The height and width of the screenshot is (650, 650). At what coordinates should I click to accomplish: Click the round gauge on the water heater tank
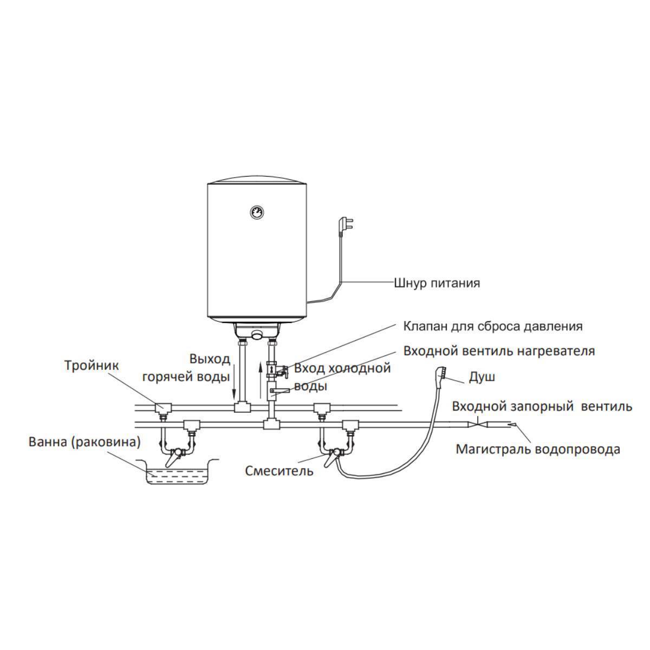(x=255, y=212)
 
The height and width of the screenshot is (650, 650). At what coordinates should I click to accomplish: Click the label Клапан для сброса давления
(x=493, y=327)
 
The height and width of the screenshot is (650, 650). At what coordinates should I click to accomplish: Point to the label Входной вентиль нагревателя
(x=499, y=351)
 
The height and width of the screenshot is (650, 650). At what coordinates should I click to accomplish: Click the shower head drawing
(x=440, y=374)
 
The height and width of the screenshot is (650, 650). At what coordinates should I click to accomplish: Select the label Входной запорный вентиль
(x=542, y=406)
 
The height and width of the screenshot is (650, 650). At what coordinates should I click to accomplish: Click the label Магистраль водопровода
(x=538, y=449)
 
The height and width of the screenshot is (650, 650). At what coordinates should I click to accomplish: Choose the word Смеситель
(x=279, y=471)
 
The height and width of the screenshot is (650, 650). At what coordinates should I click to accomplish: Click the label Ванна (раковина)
(x=84, y=442)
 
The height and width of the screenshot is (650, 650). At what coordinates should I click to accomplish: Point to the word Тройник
(x=92, y=366)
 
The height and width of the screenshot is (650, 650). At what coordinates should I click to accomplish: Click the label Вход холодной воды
(x=342, y=377)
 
